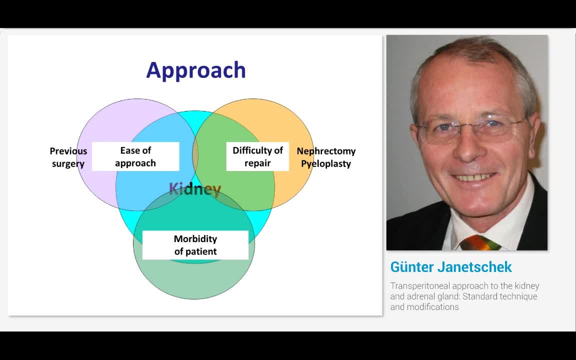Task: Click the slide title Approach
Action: click(x=196, y=70)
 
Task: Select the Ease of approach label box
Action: click(x=135, y=156)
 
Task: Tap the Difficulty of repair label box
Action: click(x=257, y=156)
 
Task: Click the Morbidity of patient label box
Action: click(x=195, y=245)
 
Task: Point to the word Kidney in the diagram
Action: click(x=194, y=189)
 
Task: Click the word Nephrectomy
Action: click(x=326, y=151)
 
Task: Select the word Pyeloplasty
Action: click(x=326, y=163)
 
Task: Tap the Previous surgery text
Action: click(x=68, y=157)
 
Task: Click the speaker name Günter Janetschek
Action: click(x=451, y=267)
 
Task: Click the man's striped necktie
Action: click(x=480, y=243)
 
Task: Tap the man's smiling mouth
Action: click(x=474, y=177)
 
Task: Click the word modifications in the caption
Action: click(x=434, y=307)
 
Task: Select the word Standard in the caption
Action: click(x=480, y=296)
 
